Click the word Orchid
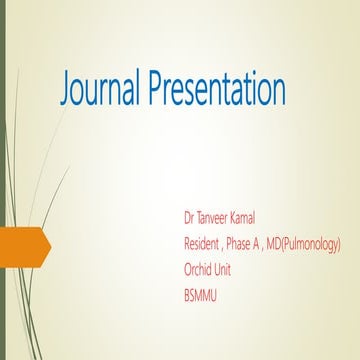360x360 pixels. pos(201,269)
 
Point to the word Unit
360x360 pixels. pos(232,269)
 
